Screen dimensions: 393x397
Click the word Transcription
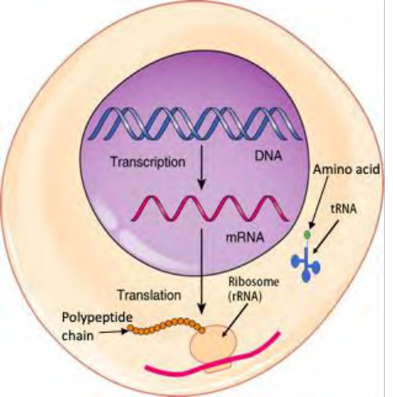pyautogui.click(x=148, y=162)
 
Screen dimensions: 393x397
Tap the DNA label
pyautogui.click(x=267, y=156)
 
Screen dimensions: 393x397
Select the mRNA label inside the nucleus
pyautogui.click(x=245, y=237)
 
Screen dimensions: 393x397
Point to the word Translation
pyautogui.click(x=149, y=295)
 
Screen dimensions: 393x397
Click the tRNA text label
pyautogui.click(x=344, y=209)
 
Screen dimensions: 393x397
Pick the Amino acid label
pyautogui.click(x=346, y=170)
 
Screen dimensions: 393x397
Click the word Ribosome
pyautogui.click(x=254, y=282)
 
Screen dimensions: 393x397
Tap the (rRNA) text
pyautogui.click(x=244, y=297)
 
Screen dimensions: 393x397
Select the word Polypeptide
pyautogui.click(x=98, y=318)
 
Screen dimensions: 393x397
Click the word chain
pyautogui.click(x=78, y=335)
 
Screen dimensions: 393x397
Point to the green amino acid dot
pyautogui.click(x=308, y=234)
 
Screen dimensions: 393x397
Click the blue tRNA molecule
pyautogui.click(x=305, y=264)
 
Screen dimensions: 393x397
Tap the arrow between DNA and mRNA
pyautogui.click(x=202, y=167)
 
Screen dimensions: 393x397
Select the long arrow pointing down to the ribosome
pyautogui.click(x=202, y=272)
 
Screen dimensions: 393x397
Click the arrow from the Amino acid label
pyautogui.click(x=319, y=203)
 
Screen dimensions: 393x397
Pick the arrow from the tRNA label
pyautogui.click(x=326, y=237)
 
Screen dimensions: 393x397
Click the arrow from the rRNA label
pyautogui.click(x=235, y=320)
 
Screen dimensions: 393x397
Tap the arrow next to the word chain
pyautogui.click(x=114, y=332)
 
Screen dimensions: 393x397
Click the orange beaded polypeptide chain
pyautogui.click(x=166, y=326)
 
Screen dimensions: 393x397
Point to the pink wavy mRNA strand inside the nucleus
pyautogui.click(x=210, y=208)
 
